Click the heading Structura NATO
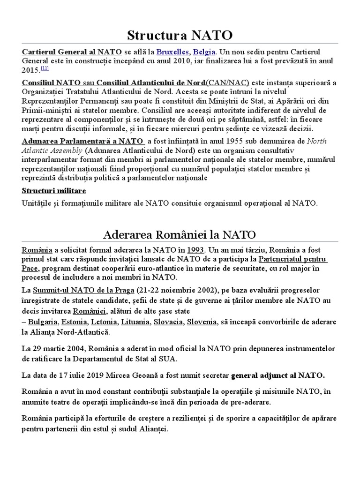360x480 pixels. click(180, 35)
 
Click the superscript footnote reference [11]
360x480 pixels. click(45, 68)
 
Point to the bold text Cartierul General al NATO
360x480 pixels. click(72, 52)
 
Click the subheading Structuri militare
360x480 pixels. click(54, 191)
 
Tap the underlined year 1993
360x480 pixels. click(195, 249)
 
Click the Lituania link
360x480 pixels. click(135, 322)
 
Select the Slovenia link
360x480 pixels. click(202, 322)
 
